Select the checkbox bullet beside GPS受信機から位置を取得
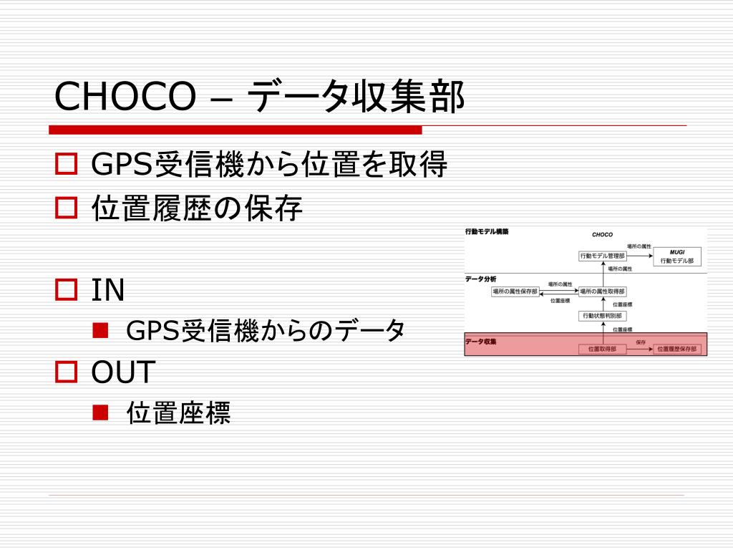(x=66, y=165)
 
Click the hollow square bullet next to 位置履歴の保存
(x=66, y=208)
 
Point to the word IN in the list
(x=108, y=290)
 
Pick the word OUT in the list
(x=123, y=372)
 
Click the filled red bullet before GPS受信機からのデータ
(x=100, y=330)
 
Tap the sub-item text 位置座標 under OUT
(x=178, y=412)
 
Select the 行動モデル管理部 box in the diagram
(x=602, y=256)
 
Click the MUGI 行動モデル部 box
(x=677, y=257)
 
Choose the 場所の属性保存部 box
(x=515, y=291)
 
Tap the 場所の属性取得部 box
(x=602, y=291)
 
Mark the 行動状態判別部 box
(x=602, y=316)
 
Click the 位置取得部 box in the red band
(x=602, y=349)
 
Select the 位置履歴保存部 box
(x=677, y=349)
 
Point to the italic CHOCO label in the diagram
(x=602, y=234)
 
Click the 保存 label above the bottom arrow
(x=641, y=342)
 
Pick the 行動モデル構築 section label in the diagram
(x=487, y=232)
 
